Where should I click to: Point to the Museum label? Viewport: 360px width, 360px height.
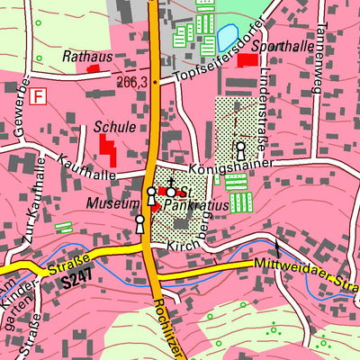click(112, 204)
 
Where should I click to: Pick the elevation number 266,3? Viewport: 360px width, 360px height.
click(131, 81)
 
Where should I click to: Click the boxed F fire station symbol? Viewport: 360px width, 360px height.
click(37, 94)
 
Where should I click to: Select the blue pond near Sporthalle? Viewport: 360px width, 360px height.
click(226, 39)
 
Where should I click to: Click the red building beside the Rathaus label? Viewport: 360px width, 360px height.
click(93, 68)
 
